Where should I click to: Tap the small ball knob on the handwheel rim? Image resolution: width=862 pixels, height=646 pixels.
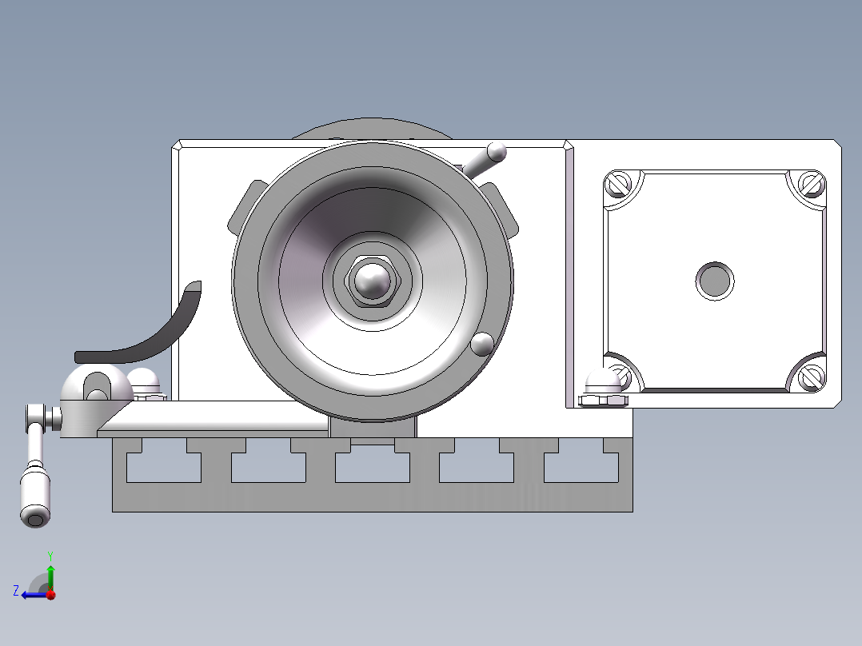pos(482,344)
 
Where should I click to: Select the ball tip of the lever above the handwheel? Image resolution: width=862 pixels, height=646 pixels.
pos(497,151)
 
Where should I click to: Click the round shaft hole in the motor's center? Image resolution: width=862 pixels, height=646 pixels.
pos(714,281)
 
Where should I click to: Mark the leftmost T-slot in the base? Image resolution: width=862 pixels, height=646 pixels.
pos(164,466)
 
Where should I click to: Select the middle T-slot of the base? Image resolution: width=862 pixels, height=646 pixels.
pos(372,466)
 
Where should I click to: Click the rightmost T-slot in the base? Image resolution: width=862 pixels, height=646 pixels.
pos(581,466)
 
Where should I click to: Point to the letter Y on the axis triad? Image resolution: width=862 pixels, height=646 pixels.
pos(50,555)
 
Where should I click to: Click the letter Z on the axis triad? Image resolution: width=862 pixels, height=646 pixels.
pos(15,591)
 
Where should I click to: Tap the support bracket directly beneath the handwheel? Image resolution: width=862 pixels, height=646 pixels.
pos(372,429)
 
